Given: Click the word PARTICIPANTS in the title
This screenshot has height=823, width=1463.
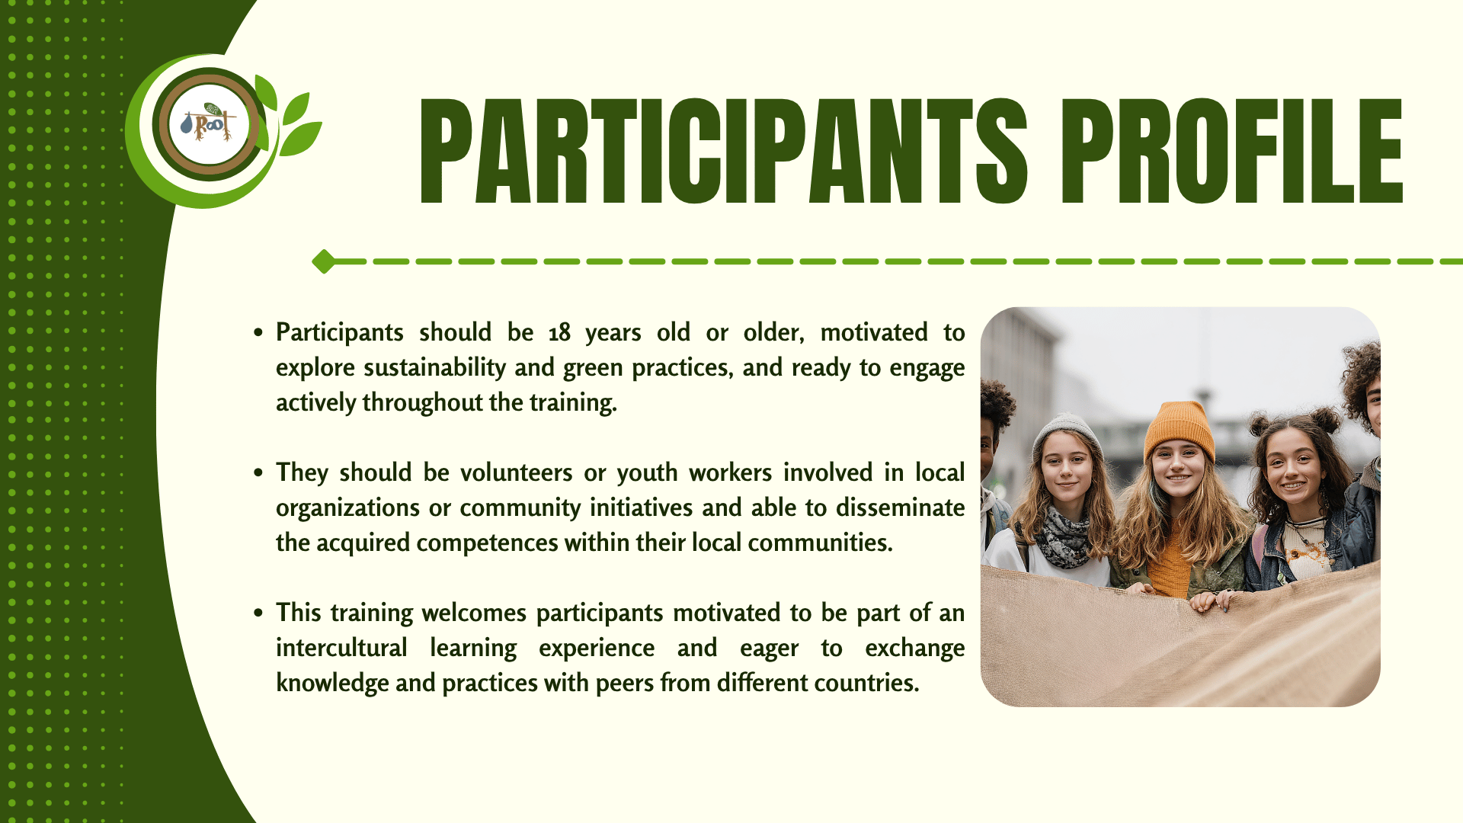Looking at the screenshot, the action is [x=724, y=151].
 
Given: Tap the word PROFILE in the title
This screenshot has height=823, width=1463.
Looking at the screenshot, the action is [x=1232, y=151].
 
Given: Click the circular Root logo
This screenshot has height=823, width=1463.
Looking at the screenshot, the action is [x=209, y=124].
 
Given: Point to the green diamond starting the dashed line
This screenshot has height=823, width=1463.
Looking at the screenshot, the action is [x=324, y=261].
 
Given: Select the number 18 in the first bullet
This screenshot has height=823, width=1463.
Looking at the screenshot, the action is [x=559, y=332].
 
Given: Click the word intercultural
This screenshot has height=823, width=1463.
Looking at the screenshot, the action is [x=341, y=648].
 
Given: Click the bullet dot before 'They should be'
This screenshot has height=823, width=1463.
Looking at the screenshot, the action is [x=259, y=473].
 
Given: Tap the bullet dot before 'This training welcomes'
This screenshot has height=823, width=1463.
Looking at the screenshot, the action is [x=259, y=613].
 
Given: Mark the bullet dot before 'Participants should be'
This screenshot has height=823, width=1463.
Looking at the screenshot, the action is [x=259, y=333].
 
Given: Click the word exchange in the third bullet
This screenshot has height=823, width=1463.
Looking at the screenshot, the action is [x=915, y=648].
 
